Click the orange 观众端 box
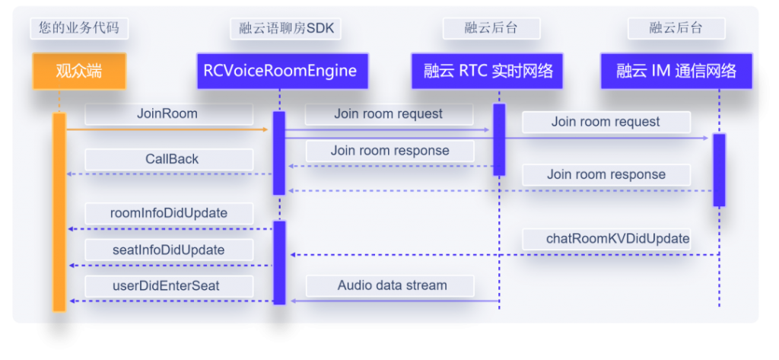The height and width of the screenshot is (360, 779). click(79, 72)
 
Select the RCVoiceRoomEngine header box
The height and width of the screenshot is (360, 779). click(282, 71)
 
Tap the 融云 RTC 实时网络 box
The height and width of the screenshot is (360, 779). click(487, 71)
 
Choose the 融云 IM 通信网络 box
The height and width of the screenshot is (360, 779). click(676, 71)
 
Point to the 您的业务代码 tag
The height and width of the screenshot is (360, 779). click(79, 28)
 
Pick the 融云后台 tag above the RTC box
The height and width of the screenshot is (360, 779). click(491, 28)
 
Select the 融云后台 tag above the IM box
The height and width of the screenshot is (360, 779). click(676, 28)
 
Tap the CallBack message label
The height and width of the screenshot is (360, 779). click(169, 160)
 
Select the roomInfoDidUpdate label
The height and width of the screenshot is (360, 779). click(169, 214)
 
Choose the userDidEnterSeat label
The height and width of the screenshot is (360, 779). click(169, 286)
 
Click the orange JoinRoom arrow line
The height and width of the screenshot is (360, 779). click(167, 130)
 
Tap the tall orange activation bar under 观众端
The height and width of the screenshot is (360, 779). click(59, 212)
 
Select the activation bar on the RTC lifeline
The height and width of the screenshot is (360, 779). click(499, 140)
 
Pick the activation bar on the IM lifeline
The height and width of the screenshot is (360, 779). click(719, 170)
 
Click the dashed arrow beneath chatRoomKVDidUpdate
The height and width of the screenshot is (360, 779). click(505, 255)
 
